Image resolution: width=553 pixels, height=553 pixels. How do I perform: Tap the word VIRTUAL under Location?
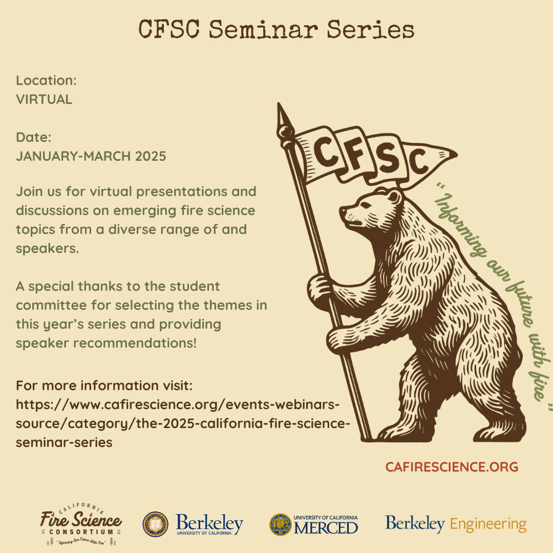click(x=44, y=99)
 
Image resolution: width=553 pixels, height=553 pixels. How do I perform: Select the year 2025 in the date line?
click(x=151, y=156)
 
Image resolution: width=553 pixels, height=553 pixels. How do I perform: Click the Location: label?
click(x=46, y=80)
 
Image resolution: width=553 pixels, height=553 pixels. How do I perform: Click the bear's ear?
click(x=393, y=196)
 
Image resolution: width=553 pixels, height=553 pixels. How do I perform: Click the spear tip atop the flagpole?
click(x=281, y=115)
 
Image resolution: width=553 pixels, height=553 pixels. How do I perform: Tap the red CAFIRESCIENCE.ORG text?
click(x=452, y=467)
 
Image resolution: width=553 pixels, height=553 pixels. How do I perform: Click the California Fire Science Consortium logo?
click(x=81, y=524)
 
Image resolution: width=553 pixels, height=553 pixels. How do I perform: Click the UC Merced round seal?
click(x=280, y=524)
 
